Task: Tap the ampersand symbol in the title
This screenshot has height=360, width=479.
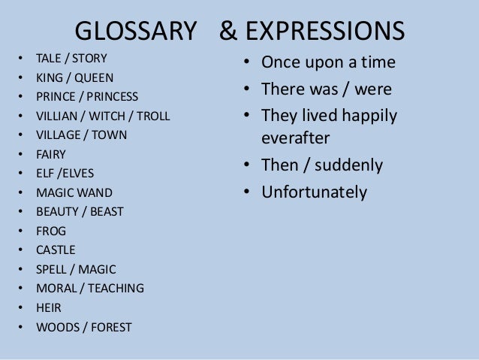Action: click(227, 31)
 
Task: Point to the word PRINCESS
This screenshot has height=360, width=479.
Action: click(113, 96)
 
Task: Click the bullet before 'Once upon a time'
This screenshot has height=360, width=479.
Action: click(246, 62)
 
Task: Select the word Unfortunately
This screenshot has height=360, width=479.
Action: click(314, 192)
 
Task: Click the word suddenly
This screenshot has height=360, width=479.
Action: click(343, 165)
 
